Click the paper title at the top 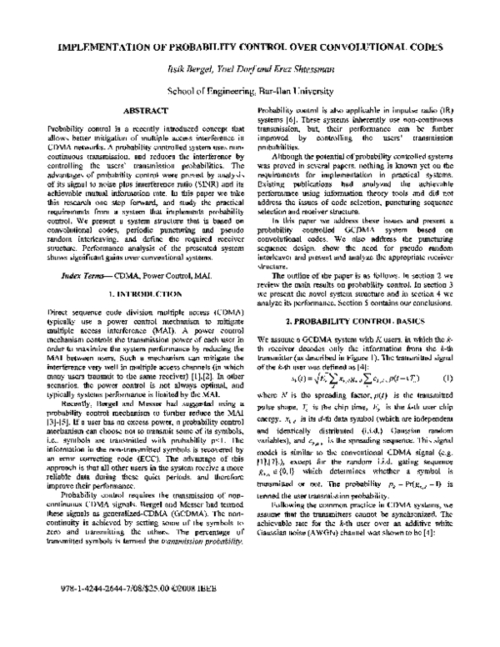click(250, 48)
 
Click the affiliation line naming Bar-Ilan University click(250, 87)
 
